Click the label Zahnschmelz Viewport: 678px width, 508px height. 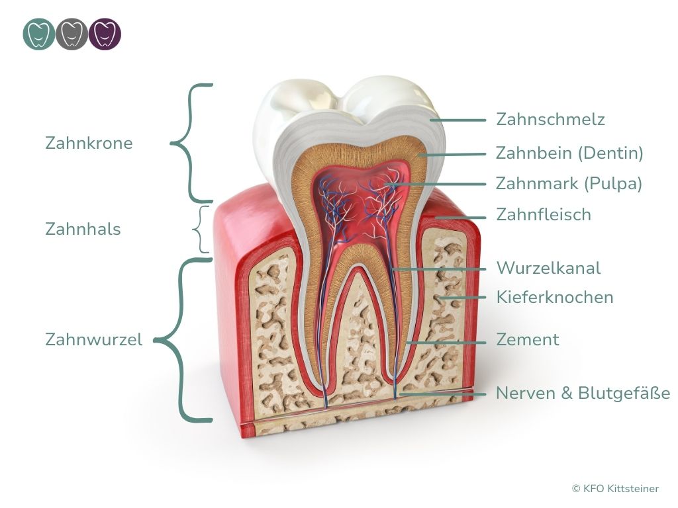coord(550,119)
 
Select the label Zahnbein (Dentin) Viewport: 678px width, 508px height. coord(569,153)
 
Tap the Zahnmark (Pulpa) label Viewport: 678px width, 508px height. coord(569,183)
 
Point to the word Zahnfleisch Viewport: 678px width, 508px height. coord(544,214)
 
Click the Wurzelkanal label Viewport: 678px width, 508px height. coord(548,268)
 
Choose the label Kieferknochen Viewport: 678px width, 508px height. coord(555,297)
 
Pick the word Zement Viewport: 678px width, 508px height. coord(528,339)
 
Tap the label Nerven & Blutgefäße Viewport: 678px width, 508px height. coord(583,393)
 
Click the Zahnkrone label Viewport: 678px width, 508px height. coord(89,143)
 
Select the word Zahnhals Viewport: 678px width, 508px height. coord(83,229)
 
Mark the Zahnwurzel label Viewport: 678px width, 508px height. coord(94,339)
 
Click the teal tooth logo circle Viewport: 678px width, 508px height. coord(39,34)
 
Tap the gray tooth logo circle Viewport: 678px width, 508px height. coord(72,34)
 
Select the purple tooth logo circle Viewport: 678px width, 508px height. coord(105,34)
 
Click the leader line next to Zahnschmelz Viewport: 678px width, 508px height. coord(458,120)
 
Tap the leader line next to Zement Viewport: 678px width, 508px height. coord(446,343)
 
